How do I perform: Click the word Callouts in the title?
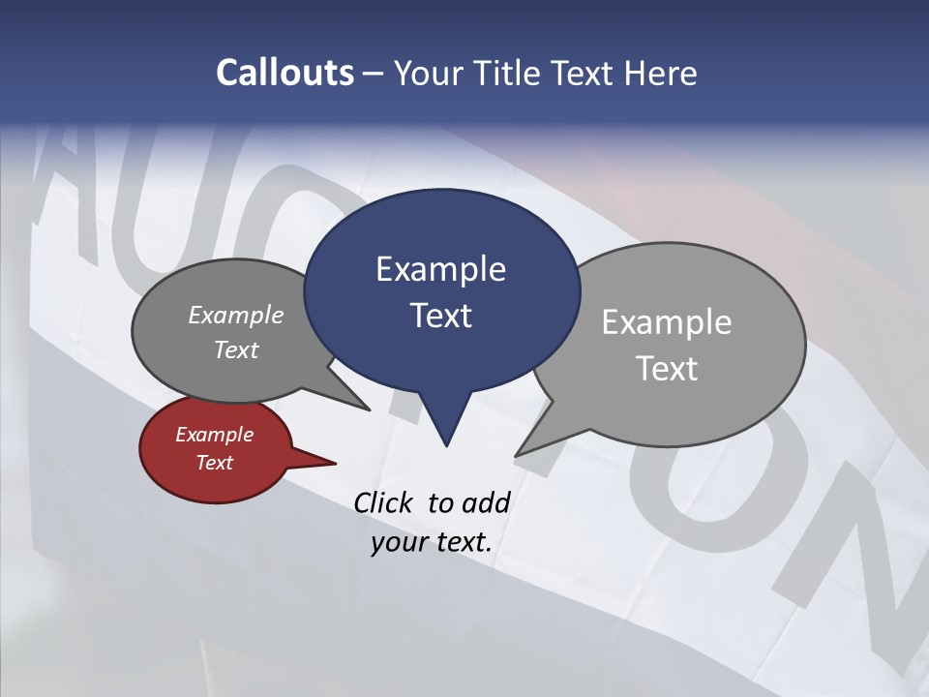point(285,73)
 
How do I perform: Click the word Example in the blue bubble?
point(440,268)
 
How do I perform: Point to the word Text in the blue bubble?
point(440,315)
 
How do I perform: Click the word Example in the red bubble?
point(214,435)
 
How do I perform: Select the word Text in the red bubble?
point(214,463)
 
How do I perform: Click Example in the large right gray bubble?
point(666,321)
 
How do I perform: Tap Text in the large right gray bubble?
point(666,368)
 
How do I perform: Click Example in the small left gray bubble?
point(235,315)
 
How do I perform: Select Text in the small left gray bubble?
point(235,349)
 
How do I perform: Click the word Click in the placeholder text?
point(383,502)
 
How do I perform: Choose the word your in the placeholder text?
point(398,542)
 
